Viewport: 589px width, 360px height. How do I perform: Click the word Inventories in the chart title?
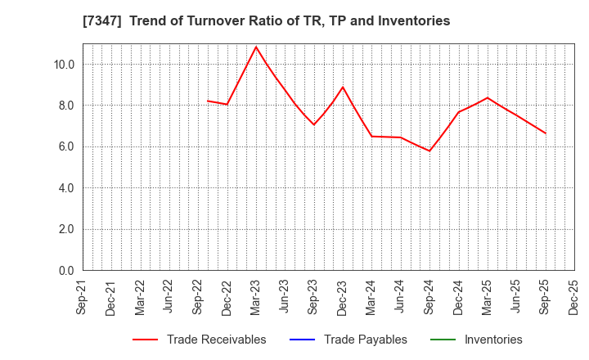(411, 21)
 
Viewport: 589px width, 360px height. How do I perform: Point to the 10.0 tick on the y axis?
(65, 65)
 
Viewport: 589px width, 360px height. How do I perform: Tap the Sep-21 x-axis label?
(80, 298)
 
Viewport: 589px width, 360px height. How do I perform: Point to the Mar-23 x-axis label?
(255, 298)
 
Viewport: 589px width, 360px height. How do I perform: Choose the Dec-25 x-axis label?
(574, 298)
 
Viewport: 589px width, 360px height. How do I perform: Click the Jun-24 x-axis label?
(400, 298)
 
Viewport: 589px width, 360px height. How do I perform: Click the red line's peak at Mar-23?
(255, 47)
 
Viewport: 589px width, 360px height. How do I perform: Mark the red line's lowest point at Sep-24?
(429, 151)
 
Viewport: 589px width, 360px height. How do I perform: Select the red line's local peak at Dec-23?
(342, 87)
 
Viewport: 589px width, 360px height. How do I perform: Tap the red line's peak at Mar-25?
(488, 98)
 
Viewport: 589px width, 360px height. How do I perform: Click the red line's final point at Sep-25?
(546, 133)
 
